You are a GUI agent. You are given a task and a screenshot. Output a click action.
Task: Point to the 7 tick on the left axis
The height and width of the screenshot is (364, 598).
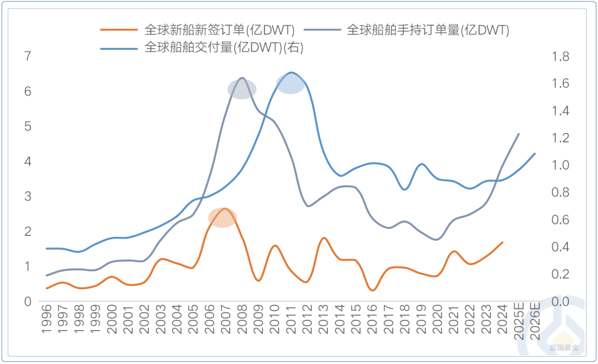[27, 56]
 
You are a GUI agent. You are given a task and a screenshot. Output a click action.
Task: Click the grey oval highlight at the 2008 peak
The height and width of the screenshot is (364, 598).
[242, 89]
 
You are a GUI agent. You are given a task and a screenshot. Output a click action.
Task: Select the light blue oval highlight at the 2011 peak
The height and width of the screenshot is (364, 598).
[291, 83]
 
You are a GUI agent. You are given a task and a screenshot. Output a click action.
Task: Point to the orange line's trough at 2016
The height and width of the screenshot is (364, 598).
[373, 290]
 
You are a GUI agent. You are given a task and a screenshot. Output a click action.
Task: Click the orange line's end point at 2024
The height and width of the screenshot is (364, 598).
[503, 242]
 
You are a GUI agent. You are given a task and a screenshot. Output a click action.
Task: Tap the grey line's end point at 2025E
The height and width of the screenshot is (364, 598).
[519, 134]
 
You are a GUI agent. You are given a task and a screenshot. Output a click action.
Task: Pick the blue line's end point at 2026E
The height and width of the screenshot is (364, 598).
[535, 153]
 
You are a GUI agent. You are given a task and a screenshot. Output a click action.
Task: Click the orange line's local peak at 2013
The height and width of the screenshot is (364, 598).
[324, 238]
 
